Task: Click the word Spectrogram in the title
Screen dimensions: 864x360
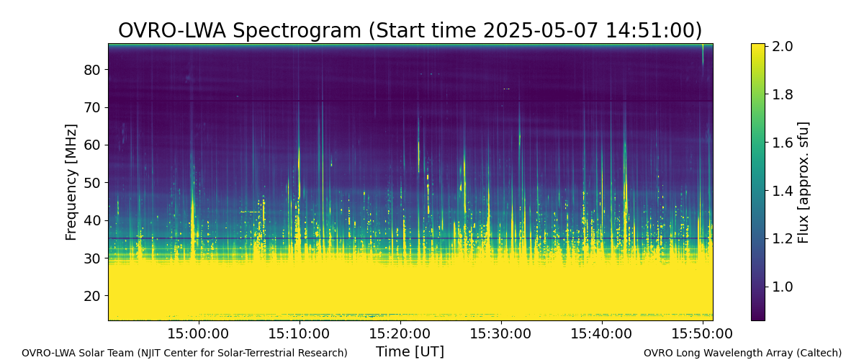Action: point(297,31)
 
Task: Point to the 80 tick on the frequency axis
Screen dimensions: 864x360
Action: point(92,70)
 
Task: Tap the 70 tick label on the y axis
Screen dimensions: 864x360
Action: point(92,107)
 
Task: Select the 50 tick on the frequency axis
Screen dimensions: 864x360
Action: point(92,182)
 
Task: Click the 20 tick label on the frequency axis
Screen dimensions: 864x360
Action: point(92,296)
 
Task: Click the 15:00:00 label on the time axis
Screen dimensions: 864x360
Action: point(198,334)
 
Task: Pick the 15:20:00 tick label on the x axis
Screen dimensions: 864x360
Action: point(400,334)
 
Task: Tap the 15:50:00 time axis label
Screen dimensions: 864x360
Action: point(702,334)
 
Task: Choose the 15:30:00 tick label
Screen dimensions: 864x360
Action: point(500,334)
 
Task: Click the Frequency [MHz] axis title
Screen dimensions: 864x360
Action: point(71,182)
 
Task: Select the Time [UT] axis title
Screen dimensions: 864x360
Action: point(410,351)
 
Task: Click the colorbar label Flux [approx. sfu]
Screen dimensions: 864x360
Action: point(803,182)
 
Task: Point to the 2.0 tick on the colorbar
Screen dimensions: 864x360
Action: point(782,46)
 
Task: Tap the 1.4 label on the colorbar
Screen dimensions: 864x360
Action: point(782,191)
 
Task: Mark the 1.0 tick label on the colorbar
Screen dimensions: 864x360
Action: point(782,287)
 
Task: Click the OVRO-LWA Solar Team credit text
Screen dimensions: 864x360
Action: point(184,353)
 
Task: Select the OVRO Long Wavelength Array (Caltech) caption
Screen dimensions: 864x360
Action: point(742,353)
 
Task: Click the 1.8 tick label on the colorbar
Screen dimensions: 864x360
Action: point(782,94)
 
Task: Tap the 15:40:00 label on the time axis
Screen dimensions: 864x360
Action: point(601,334)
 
